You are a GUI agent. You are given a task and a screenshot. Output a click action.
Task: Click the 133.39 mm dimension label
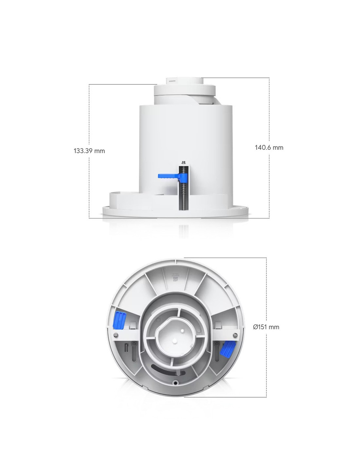click(x=89, y=151)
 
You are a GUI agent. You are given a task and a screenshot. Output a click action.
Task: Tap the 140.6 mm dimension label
click(x=269, y=147)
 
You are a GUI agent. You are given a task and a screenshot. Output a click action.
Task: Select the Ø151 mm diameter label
click(x=266, y=327)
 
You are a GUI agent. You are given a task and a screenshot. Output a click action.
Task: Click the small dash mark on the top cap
click(x=172, y=81)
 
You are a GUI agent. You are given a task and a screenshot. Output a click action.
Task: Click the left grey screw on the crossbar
click(x=116, y=335)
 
